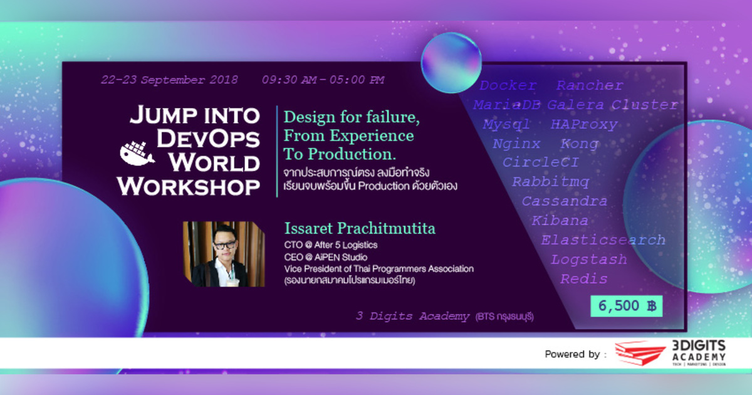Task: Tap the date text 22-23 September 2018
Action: (170, 80)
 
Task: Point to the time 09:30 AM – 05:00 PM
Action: (323, 80)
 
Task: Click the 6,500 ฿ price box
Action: (626, 306)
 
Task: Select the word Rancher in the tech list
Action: (590, 86)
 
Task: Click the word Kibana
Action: (560, 221)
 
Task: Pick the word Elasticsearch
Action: (603, 240)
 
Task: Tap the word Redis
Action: (583, 279)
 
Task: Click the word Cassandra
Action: (564, 201)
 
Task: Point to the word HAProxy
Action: (583, 124)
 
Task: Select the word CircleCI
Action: (541, 162)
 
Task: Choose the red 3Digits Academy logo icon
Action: (639, 354)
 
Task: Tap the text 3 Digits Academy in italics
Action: (412, 317)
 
